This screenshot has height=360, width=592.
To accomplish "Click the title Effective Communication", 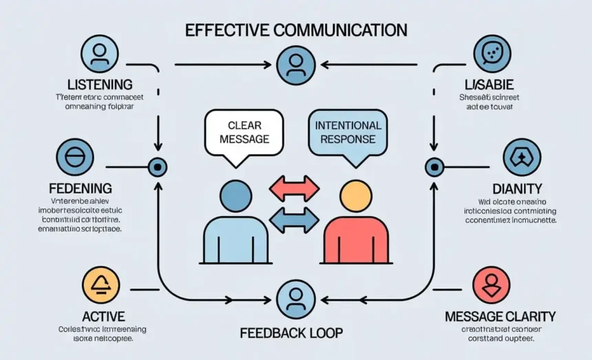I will [x=295, y=30].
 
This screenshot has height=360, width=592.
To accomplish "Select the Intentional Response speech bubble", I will [x=348, y=132].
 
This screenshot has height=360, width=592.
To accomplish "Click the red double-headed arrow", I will [x=294, y=189].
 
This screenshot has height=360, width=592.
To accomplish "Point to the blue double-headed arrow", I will [x=294, y=220].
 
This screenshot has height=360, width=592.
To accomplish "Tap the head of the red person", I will [x=355, y=195].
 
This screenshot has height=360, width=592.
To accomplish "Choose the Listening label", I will [x=100, y=84].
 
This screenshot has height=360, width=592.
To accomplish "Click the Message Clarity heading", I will [x=500, y=317].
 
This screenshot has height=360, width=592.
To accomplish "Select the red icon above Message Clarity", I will [x=491, y=285].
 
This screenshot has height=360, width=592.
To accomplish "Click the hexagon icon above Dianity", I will [x=522, y=158].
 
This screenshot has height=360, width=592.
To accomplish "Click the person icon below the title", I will [x=295, y=65].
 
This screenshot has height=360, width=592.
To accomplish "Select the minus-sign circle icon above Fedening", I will [x=74, y=158].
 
